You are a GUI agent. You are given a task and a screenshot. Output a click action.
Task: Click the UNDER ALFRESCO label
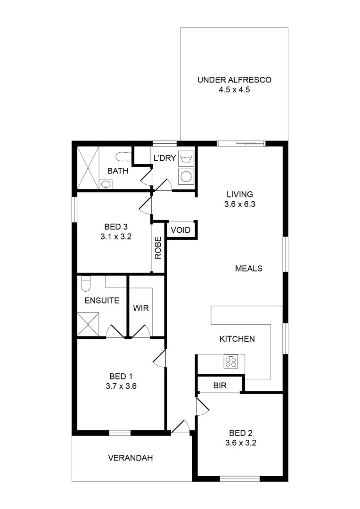click(x=234, y=80)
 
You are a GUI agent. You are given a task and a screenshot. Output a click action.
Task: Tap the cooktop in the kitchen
click(x=231, y=361)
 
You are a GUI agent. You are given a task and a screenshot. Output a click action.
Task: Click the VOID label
click(x=180, y=230)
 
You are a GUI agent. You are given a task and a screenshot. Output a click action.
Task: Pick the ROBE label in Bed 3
click(x=158, y=248)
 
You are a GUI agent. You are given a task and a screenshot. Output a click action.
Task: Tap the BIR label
click(x=220, y=386)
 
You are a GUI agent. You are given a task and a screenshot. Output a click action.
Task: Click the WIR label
click(x=140, y=308)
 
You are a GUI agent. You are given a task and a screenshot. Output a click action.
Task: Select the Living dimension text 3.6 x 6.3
click(x=240, y=205)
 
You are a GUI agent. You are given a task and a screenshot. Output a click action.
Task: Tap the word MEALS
click(x=248, y=268)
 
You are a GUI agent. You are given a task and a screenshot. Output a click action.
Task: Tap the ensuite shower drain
click(x=88, y=324)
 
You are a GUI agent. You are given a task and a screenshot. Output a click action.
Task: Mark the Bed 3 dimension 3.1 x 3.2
click(x=115, y=237)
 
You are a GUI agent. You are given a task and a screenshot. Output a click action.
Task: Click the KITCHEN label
click(x=237, y=339)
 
